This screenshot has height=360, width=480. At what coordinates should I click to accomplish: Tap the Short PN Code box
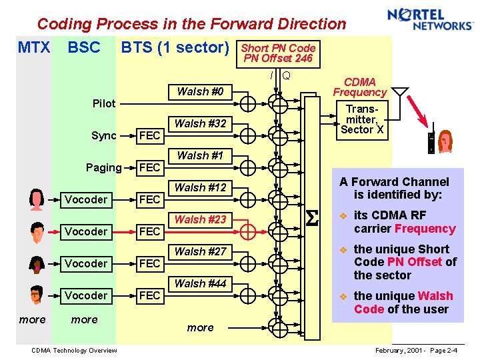tap(277, 53)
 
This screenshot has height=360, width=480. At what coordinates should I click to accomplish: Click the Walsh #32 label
tap(200, 123)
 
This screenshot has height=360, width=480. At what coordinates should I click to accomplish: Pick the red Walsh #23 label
tap(200, 219)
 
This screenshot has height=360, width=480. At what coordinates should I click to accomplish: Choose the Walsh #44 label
tap(200, 283)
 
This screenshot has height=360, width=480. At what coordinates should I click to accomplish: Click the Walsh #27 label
tap(200, 251)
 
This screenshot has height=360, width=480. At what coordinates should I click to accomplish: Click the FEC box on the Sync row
tap(149, 135)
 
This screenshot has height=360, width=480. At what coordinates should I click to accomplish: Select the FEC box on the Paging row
tap(149, 167)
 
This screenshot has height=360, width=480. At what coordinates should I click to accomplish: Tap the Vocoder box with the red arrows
tap(86, 231)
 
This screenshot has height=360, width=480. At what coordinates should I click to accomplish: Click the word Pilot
tap(104, 103)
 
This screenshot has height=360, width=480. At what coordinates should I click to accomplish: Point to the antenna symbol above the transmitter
tap(399, 93)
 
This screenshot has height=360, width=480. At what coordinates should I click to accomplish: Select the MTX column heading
tap(33, 47)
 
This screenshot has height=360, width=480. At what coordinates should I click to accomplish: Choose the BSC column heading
tap(84, 47)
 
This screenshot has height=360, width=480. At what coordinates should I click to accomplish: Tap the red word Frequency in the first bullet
tap(425, 229)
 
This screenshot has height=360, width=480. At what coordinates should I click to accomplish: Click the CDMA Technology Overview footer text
tap(74, 351)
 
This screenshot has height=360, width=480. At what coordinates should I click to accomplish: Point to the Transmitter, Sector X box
tap(361, 119)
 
